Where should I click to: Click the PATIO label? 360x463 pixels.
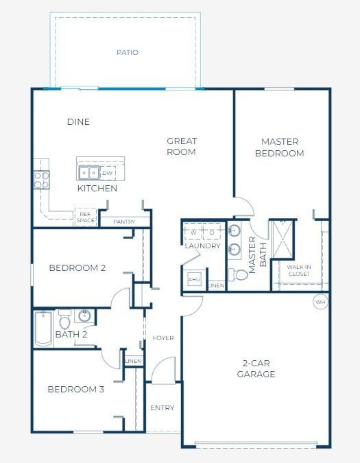(127, 52)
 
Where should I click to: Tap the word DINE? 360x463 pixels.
(78, 122)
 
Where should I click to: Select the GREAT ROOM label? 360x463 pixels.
(182, 147)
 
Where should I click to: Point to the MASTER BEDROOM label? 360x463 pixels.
(279, 147)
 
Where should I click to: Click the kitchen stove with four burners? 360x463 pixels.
(42, 180)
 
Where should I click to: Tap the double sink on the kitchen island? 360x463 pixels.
(88, 173)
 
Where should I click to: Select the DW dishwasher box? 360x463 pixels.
(108, 173)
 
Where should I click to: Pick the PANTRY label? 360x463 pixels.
(124, 222)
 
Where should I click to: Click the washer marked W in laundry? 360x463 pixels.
(193, 232)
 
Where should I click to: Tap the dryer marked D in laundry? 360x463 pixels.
(211, 232)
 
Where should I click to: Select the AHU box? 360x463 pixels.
(194, 280)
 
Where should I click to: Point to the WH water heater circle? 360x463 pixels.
(320, 302)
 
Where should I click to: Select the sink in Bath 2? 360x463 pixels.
(84, 316)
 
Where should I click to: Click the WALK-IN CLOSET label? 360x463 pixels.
(298, 270)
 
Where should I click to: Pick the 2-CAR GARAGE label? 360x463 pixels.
(256, 368)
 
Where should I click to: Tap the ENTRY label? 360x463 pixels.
(163, 407)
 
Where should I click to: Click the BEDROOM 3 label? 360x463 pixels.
(75, 389)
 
